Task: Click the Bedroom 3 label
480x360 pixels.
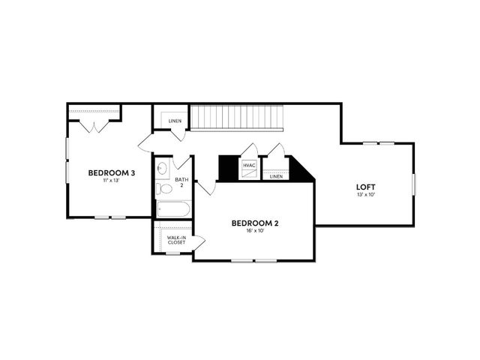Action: (x=112, y=173)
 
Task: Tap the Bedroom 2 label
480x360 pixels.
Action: (x=255, y=223)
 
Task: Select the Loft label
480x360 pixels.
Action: (x=365, y=187)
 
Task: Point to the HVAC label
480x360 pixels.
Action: (x=249, y=165)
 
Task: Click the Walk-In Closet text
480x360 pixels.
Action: (x=176, y=240)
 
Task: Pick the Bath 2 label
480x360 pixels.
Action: (x=181, y=182)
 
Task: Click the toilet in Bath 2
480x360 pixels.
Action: (x=163, y=188)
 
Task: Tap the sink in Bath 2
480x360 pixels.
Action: (x=162, y=168)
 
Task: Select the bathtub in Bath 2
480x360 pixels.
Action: (x=173, y=209)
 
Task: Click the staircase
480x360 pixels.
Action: (x=237, y=118)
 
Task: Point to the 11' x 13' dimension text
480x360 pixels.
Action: (x=111, y=180)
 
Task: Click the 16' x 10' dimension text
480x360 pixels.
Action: (x=255, y=230)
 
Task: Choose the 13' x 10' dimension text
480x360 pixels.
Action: (x=366, y=194)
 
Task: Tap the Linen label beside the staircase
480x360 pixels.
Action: (x=175, y=121)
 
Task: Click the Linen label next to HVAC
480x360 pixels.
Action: (x=276, y=177)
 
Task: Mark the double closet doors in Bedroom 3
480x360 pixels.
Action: (x=94, y=127)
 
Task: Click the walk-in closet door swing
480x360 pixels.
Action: (x=199, y=241)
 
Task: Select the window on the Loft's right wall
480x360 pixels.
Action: (x=413, y=184)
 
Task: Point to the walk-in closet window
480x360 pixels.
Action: (x=172, y=253)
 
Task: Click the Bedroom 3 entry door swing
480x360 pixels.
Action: (x=145, y=142)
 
